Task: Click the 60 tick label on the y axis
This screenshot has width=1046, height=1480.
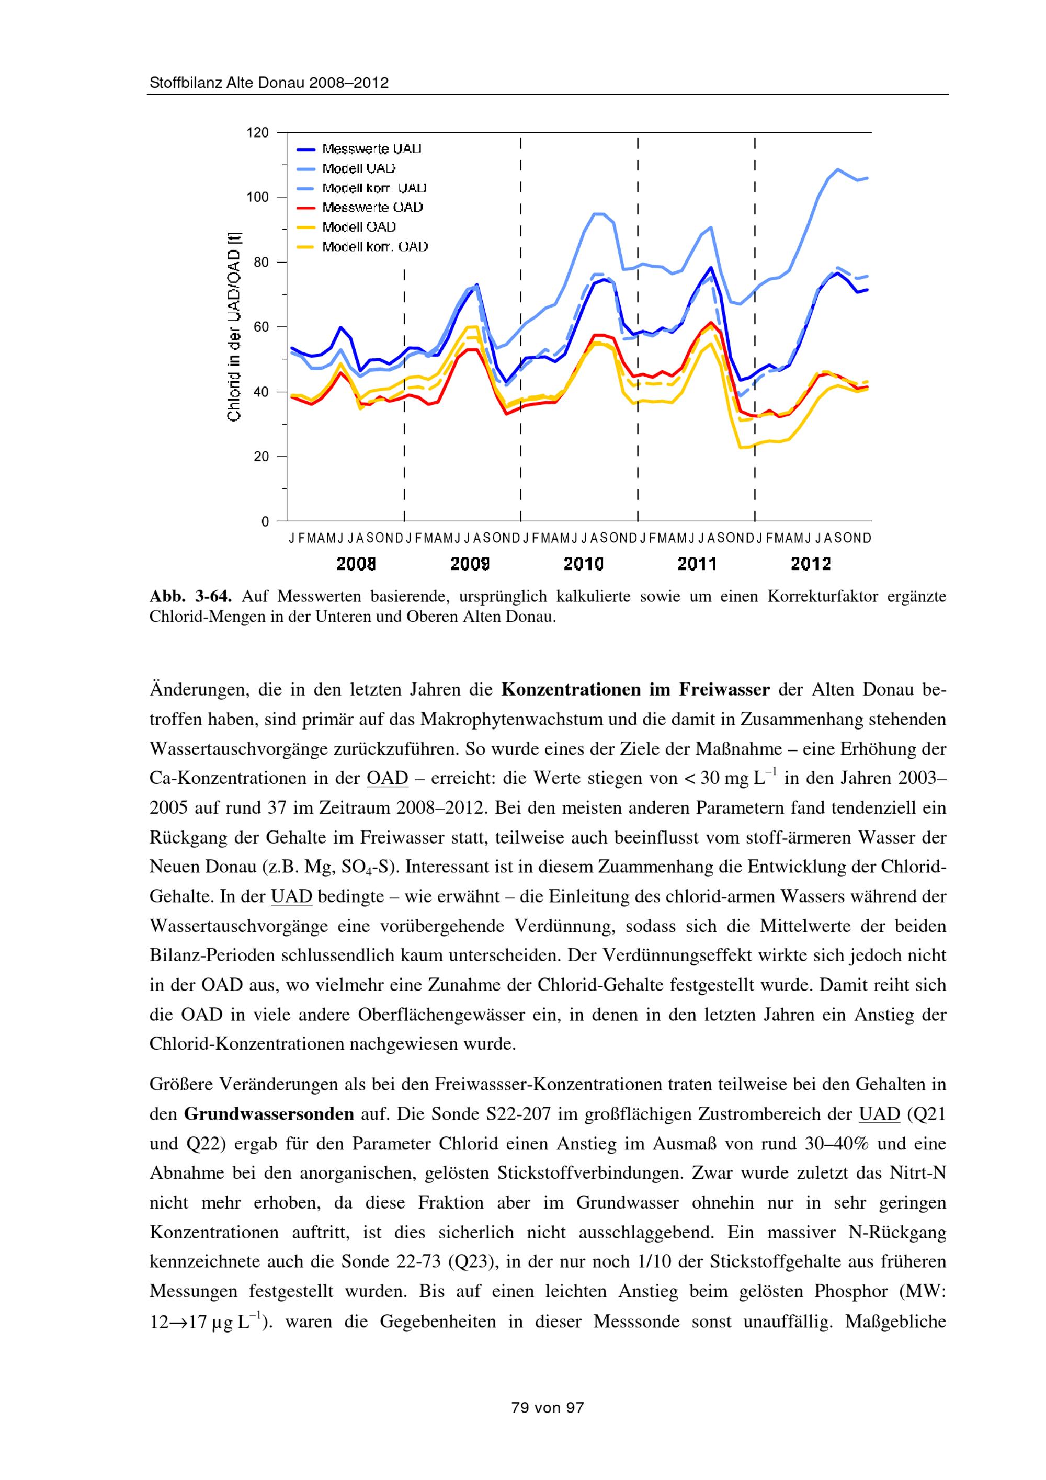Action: [261, 327]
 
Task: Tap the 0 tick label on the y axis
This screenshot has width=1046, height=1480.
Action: [265, 521]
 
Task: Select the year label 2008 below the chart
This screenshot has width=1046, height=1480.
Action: [356, 565]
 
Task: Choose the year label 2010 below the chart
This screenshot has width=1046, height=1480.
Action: [583, 565]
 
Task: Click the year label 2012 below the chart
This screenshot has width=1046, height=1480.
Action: [811, 565]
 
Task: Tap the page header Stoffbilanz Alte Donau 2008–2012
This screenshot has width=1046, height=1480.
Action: [269, 83]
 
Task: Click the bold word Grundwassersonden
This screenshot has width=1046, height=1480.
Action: [269, 1114]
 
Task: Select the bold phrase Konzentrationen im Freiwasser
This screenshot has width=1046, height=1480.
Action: [635, 690]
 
